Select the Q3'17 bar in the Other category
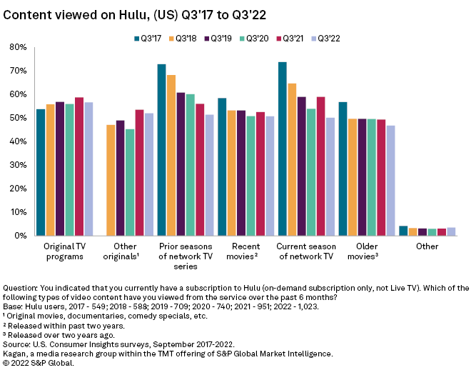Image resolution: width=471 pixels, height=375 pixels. click(403, 231)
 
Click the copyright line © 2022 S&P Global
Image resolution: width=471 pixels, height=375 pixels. click(39, 363)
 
